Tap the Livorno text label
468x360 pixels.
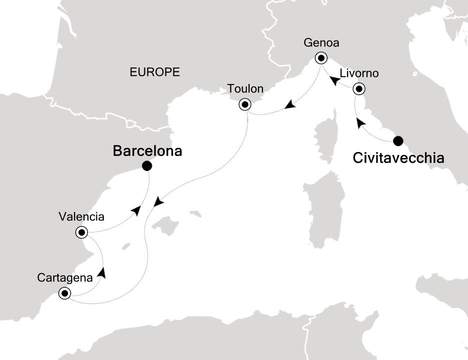[359, 73]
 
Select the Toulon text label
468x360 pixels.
[245, 89]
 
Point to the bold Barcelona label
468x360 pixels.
[147, 151]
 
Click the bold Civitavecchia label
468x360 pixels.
[398, 158]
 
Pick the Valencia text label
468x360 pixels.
[81, 217]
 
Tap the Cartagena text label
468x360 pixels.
[64, 277]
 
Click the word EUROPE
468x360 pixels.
[154, 72]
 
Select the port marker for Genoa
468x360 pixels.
[320, 58]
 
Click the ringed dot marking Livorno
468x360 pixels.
[359, 89]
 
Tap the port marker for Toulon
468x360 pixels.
[245, 104]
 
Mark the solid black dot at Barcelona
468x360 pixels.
[146, 166]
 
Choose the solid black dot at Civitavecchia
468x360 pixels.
[398, 141]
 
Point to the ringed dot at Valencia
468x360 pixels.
[81, 232]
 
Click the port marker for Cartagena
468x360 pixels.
[64, 293]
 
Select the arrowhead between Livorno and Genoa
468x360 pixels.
[335, 79]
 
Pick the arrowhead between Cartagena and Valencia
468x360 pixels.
[102, 273]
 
